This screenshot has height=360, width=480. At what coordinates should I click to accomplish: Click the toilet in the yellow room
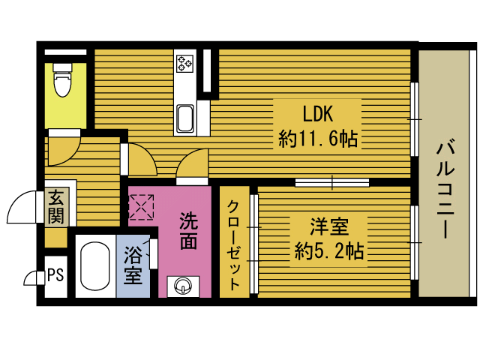(x=63, y=79)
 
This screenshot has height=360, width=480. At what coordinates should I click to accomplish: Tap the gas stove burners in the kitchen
(x=185, y=64)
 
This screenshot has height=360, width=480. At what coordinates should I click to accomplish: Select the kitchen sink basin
(x=185, y=118)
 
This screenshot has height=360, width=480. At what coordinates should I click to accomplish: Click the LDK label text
(x=317, y=114)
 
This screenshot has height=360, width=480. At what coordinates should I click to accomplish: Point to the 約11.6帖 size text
(x=318, y=139)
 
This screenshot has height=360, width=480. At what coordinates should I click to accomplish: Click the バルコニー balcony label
(x=445, y=188)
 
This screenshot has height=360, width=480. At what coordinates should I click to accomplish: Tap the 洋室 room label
(x=329, y=226)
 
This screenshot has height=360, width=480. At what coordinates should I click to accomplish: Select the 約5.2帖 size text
(x=329, y=251)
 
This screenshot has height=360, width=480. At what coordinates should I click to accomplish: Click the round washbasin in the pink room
(x=183, y=286)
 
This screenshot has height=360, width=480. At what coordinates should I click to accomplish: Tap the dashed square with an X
(x=141, y=207)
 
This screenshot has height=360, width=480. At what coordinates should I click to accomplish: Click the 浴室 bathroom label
(x=133, y=265)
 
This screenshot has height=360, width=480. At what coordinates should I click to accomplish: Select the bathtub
(x=95, y=266)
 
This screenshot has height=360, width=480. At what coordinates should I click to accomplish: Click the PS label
(x=56, y=274)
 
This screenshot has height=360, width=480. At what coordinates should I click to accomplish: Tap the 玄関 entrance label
(x=56, y=207)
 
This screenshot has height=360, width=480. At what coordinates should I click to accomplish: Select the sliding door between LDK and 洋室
(x=332, y=183)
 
